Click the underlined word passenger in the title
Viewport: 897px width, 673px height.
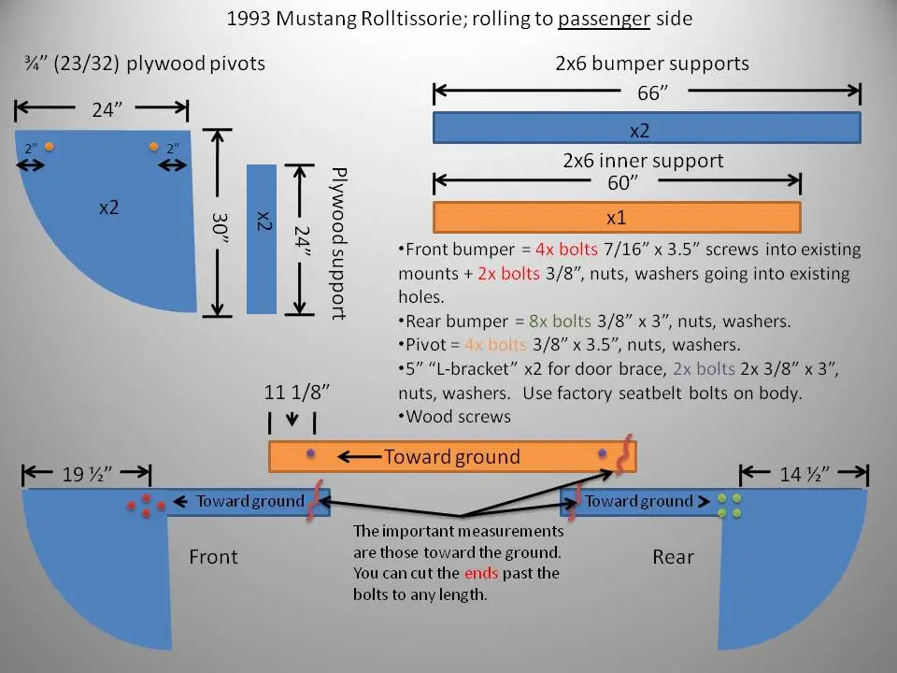604,19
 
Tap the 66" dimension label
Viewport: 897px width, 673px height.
653,93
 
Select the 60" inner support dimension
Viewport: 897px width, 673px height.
622,182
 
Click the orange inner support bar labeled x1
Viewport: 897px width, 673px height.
617,218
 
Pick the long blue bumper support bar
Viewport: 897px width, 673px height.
647,128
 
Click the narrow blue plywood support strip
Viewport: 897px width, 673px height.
262,239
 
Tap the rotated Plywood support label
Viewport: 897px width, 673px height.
339,243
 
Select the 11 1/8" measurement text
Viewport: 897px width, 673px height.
297,392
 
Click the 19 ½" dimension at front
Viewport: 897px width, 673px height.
87,475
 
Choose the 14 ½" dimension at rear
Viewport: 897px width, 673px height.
804,475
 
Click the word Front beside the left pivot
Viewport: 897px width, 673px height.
213,557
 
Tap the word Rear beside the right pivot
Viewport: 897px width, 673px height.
674,557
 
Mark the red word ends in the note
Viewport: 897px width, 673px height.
481,573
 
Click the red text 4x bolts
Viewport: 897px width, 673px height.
566,250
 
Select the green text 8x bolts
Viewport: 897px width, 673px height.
560,321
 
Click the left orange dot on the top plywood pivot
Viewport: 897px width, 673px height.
50,147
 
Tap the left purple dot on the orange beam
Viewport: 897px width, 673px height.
310,454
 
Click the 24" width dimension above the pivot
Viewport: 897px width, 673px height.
107,108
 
